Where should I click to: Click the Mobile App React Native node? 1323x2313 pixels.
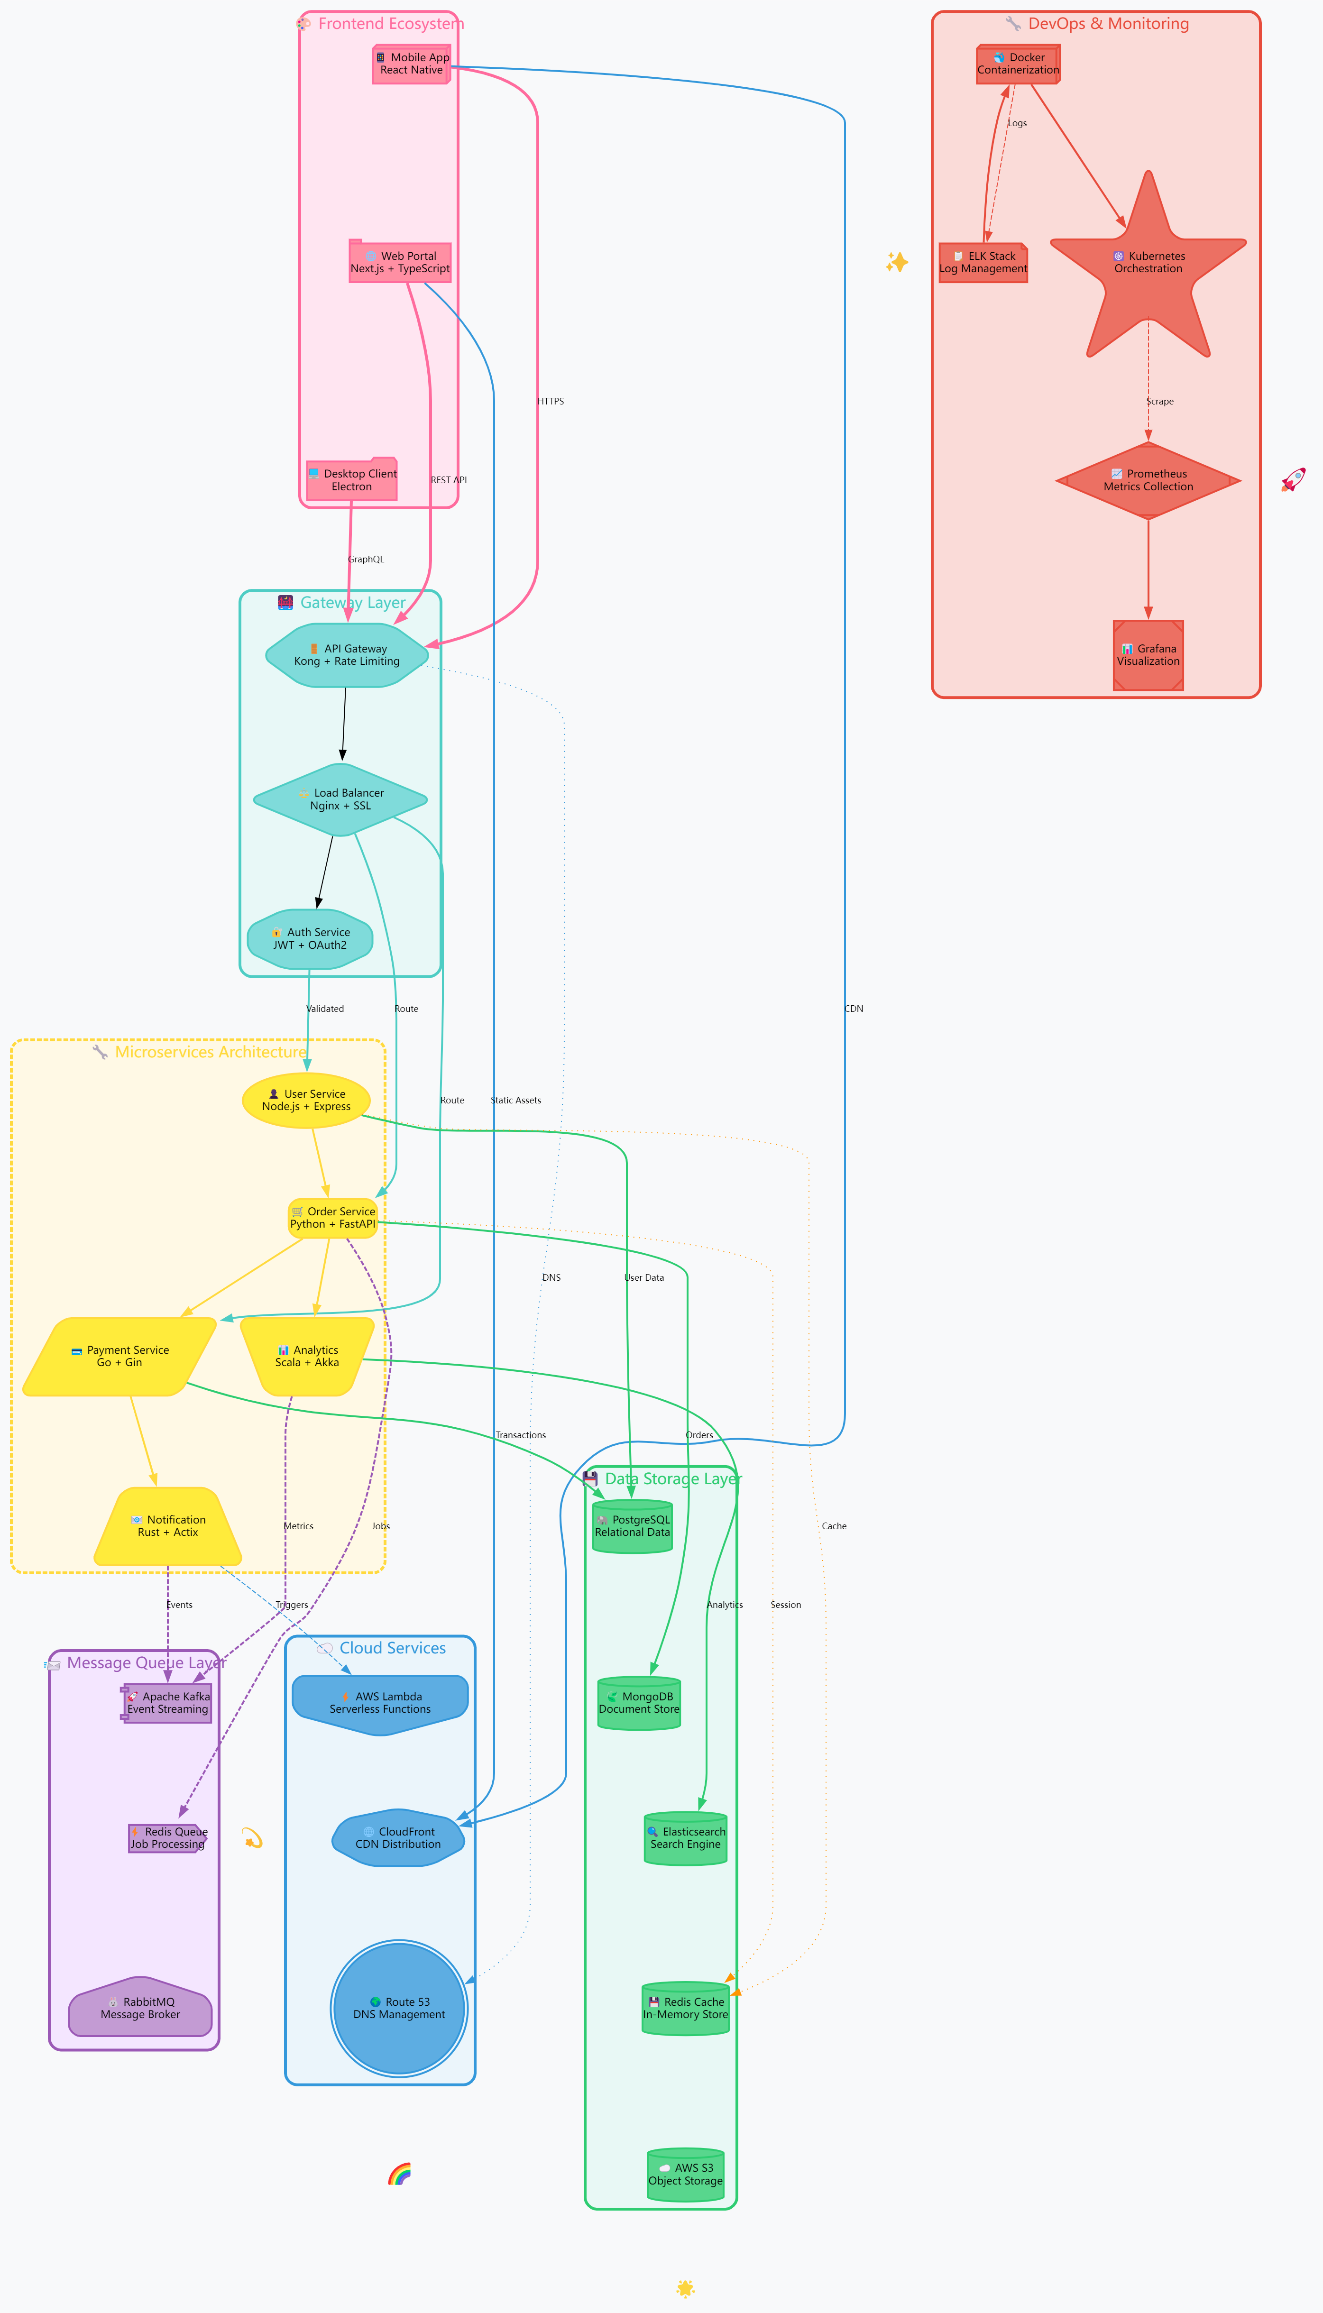412,64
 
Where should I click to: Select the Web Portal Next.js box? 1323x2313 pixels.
400,263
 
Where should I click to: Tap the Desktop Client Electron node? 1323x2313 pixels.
352,480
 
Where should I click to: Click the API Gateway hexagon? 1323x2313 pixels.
346,655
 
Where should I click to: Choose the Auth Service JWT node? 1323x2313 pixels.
310,938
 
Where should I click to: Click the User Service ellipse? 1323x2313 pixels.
306,1100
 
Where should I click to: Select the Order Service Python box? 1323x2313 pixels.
332,1217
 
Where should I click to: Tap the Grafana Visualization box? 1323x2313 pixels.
1148,655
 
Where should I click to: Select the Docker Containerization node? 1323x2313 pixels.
1018,64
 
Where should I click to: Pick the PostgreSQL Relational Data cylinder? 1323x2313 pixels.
633,1526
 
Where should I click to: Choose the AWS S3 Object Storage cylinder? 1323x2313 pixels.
685,2174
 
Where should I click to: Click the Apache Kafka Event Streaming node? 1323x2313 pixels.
167,1702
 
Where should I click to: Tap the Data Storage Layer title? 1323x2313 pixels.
672,1479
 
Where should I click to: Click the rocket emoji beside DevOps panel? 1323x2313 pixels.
1293,480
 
